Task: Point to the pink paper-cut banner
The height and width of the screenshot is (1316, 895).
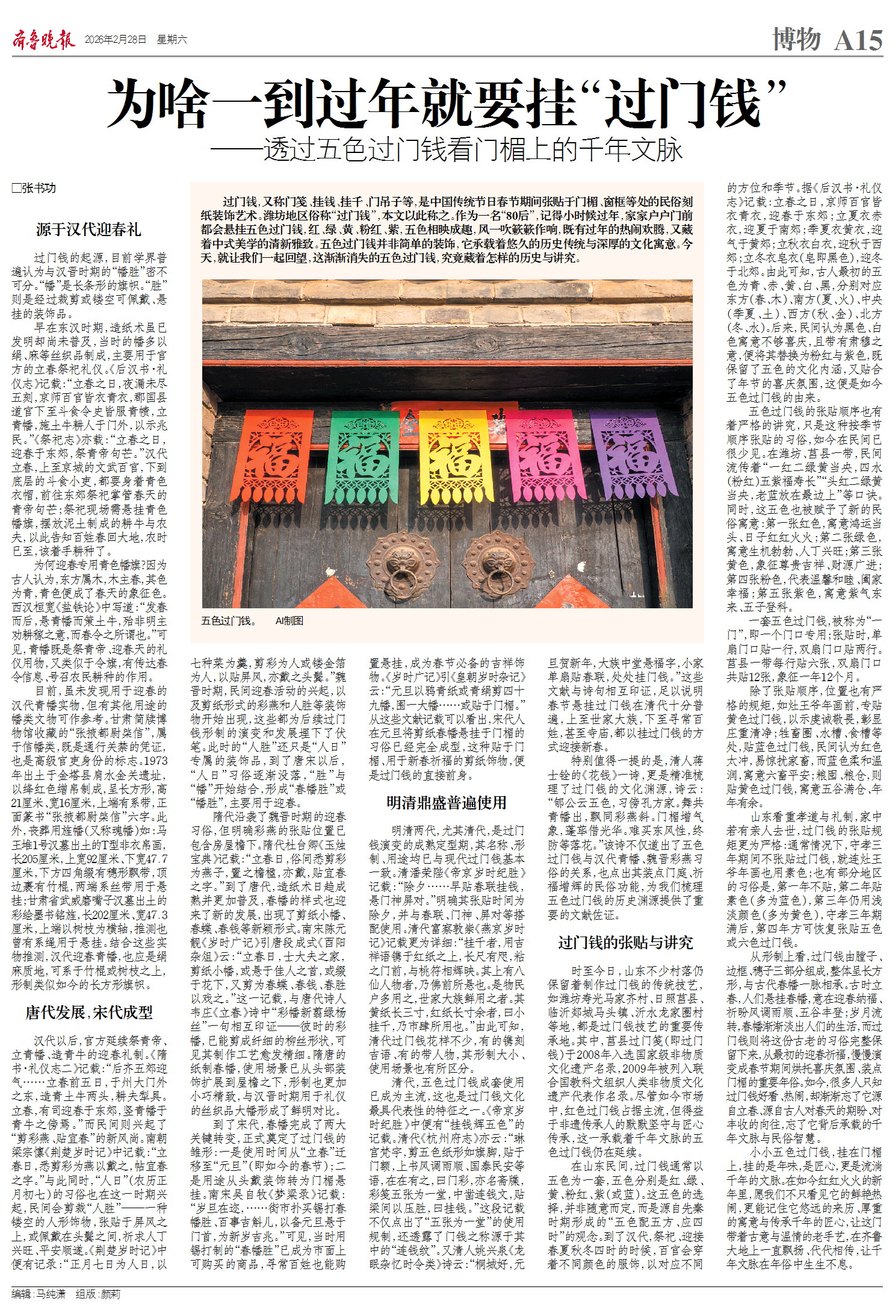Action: [540, 461]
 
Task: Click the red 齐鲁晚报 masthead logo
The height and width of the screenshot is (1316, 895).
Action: [44, 40]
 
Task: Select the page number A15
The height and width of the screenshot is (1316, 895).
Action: [858, 40]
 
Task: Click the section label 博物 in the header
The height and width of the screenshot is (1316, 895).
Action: [796, 39]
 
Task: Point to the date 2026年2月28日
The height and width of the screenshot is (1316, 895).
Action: [116, 40]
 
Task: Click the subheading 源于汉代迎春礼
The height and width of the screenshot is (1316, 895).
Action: [88, 229]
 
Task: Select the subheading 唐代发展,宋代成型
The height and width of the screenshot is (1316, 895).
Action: [88, 1012]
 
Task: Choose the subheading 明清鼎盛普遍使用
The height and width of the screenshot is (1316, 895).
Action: [446, 802]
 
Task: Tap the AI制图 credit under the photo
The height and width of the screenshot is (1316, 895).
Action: [289, 620]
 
